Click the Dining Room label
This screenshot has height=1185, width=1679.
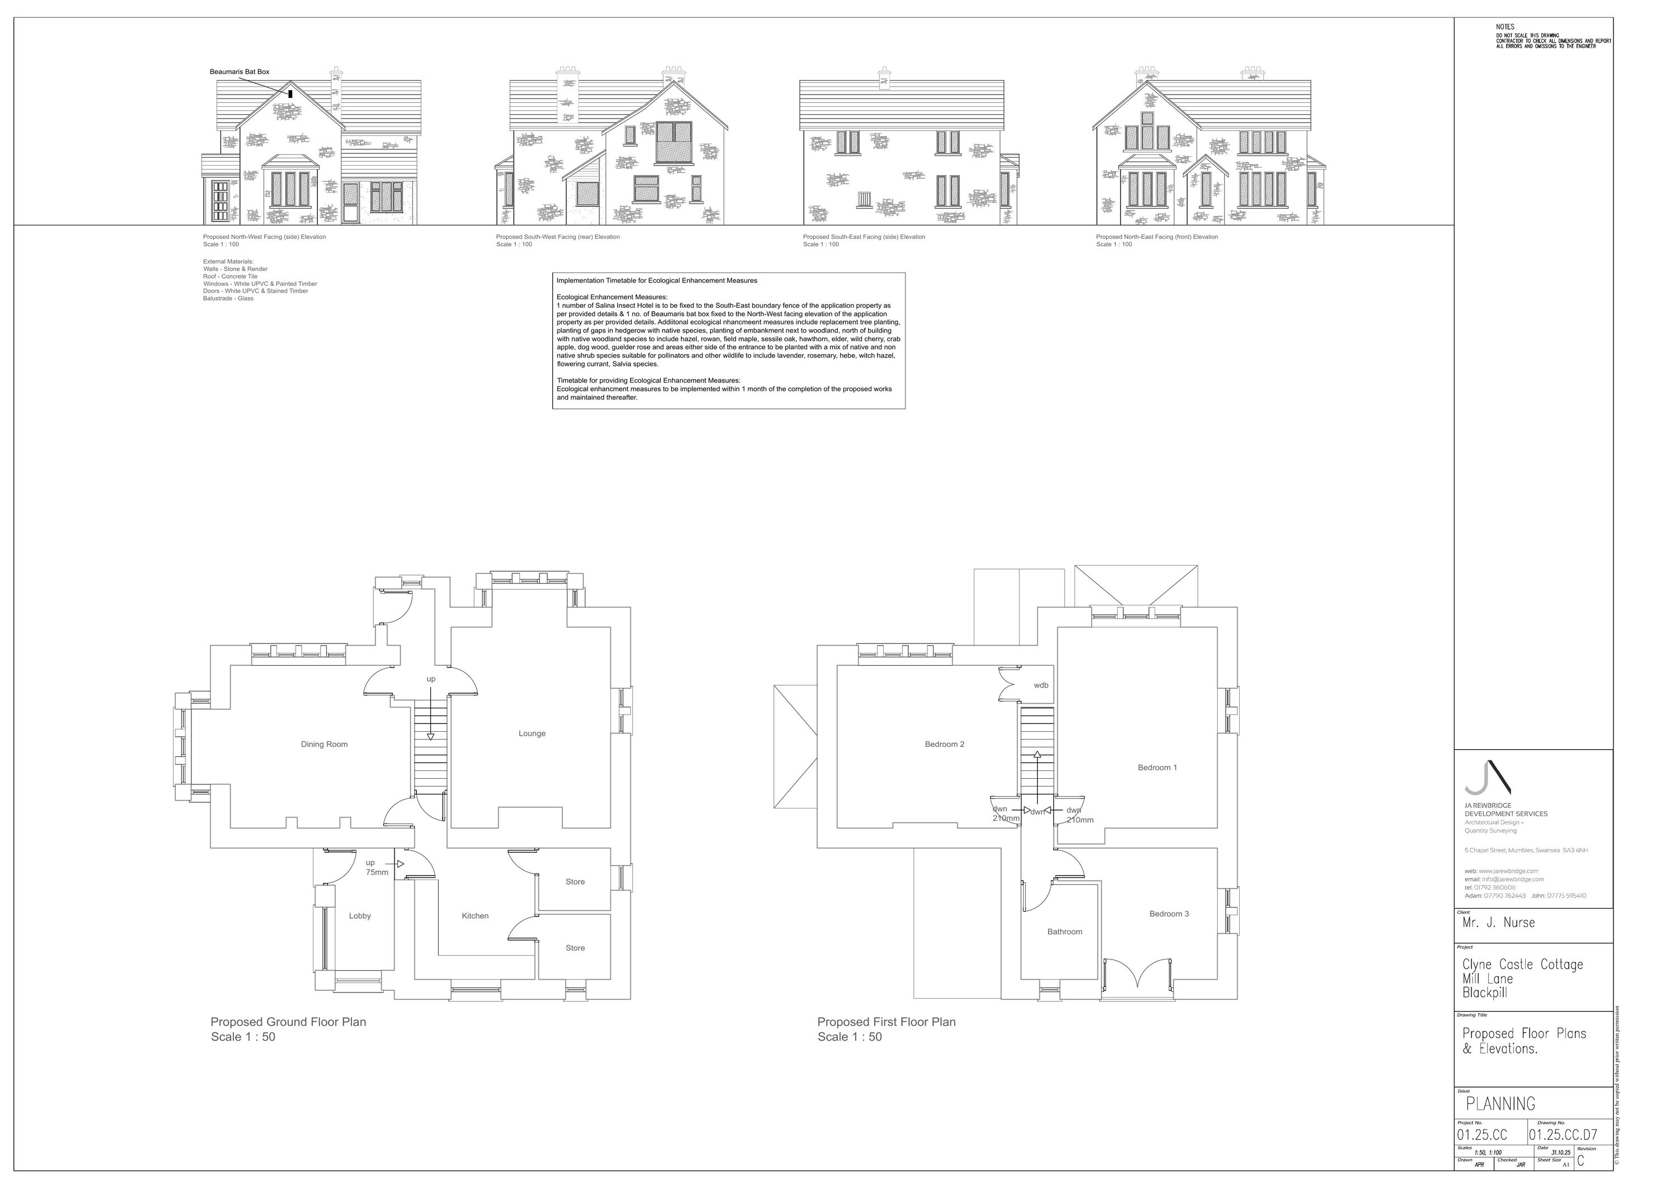pyautogui.click(x=324, y=744)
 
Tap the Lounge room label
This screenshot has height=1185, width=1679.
pyautogui.click(x=532, y=733)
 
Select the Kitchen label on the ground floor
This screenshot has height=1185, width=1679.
pyautogui.click(x=475, y=916)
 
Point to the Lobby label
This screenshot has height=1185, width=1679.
pyautogui.click(x=360, y=916)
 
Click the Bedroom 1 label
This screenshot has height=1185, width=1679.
pyautogui.click(x=1157, y=768)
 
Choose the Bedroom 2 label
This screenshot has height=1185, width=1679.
pyautogui.click(x=944, y=744)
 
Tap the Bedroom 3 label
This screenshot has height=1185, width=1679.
pyautogui.click(x=1169, y=914)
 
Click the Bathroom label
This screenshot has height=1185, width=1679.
pyautogui.click(x=1064, y=932)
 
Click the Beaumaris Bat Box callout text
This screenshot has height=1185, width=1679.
pyautogui.click(x=239, y=72)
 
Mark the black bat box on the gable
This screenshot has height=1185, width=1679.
pyautogui.click(x=290, y=93)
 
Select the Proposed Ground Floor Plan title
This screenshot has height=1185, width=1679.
pyautogui.click(x=288, y=1022)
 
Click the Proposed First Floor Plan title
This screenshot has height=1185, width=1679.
pyautogui.click(x=887, y=1022)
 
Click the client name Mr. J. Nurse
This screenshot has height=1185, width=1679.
pyautogui.click(x=1498, y=923)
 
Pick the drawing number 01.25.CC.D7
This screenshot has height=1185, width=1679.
pyautogui.click(x=1563, y=1135)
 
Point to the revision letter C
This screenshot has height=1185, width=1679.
pyautogui.click(x=1580, y=1160)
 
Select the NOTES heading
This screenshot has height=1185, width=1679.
pyautogui.click(x=1505, y=27)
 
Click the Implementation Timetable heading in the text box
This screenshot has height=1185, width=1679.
pyautogui.click(x=656, y=281)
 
